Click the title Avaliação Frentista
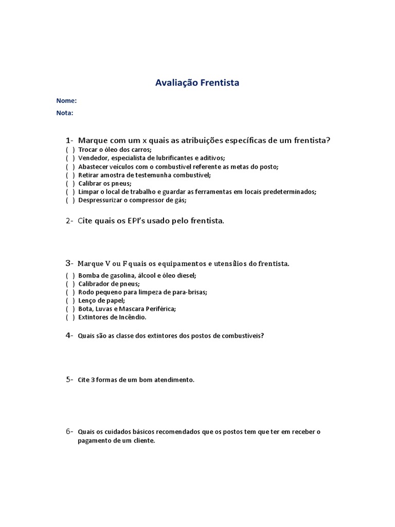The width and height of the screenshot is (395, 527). tap(197, 82)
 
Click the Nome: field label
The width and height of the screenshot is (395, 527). tap(66, 101)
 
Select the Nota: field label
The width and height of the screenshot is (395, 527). tap(65, 113)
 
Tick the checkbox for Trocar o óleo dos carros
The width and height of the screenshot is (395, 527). tap(70, 150)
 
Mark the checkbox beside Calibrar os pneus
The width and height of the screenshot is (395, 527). tap(70, 183)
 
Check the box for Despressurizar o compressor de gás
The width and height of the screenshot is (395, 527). tap(70, 200)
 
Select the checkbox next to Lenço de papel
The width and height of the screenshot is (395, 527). tap(70, 301)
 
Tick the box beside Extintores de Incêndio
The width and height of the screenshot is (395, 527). tap(70, 318)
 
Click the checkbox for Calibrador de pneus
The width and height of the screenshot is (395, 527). tap(70, 284)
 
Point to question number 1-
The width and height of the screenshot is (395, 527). tap(70, 140)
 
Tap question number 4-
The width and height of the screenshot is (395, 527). tap(69, 336)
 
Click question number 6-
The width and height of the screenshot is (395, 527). tap(69, 431)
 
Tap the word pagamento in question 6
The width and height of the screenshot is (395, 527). tap(94, 441)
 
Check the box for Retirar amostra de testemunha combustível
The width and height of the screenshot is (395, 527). tap(70, 175)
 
